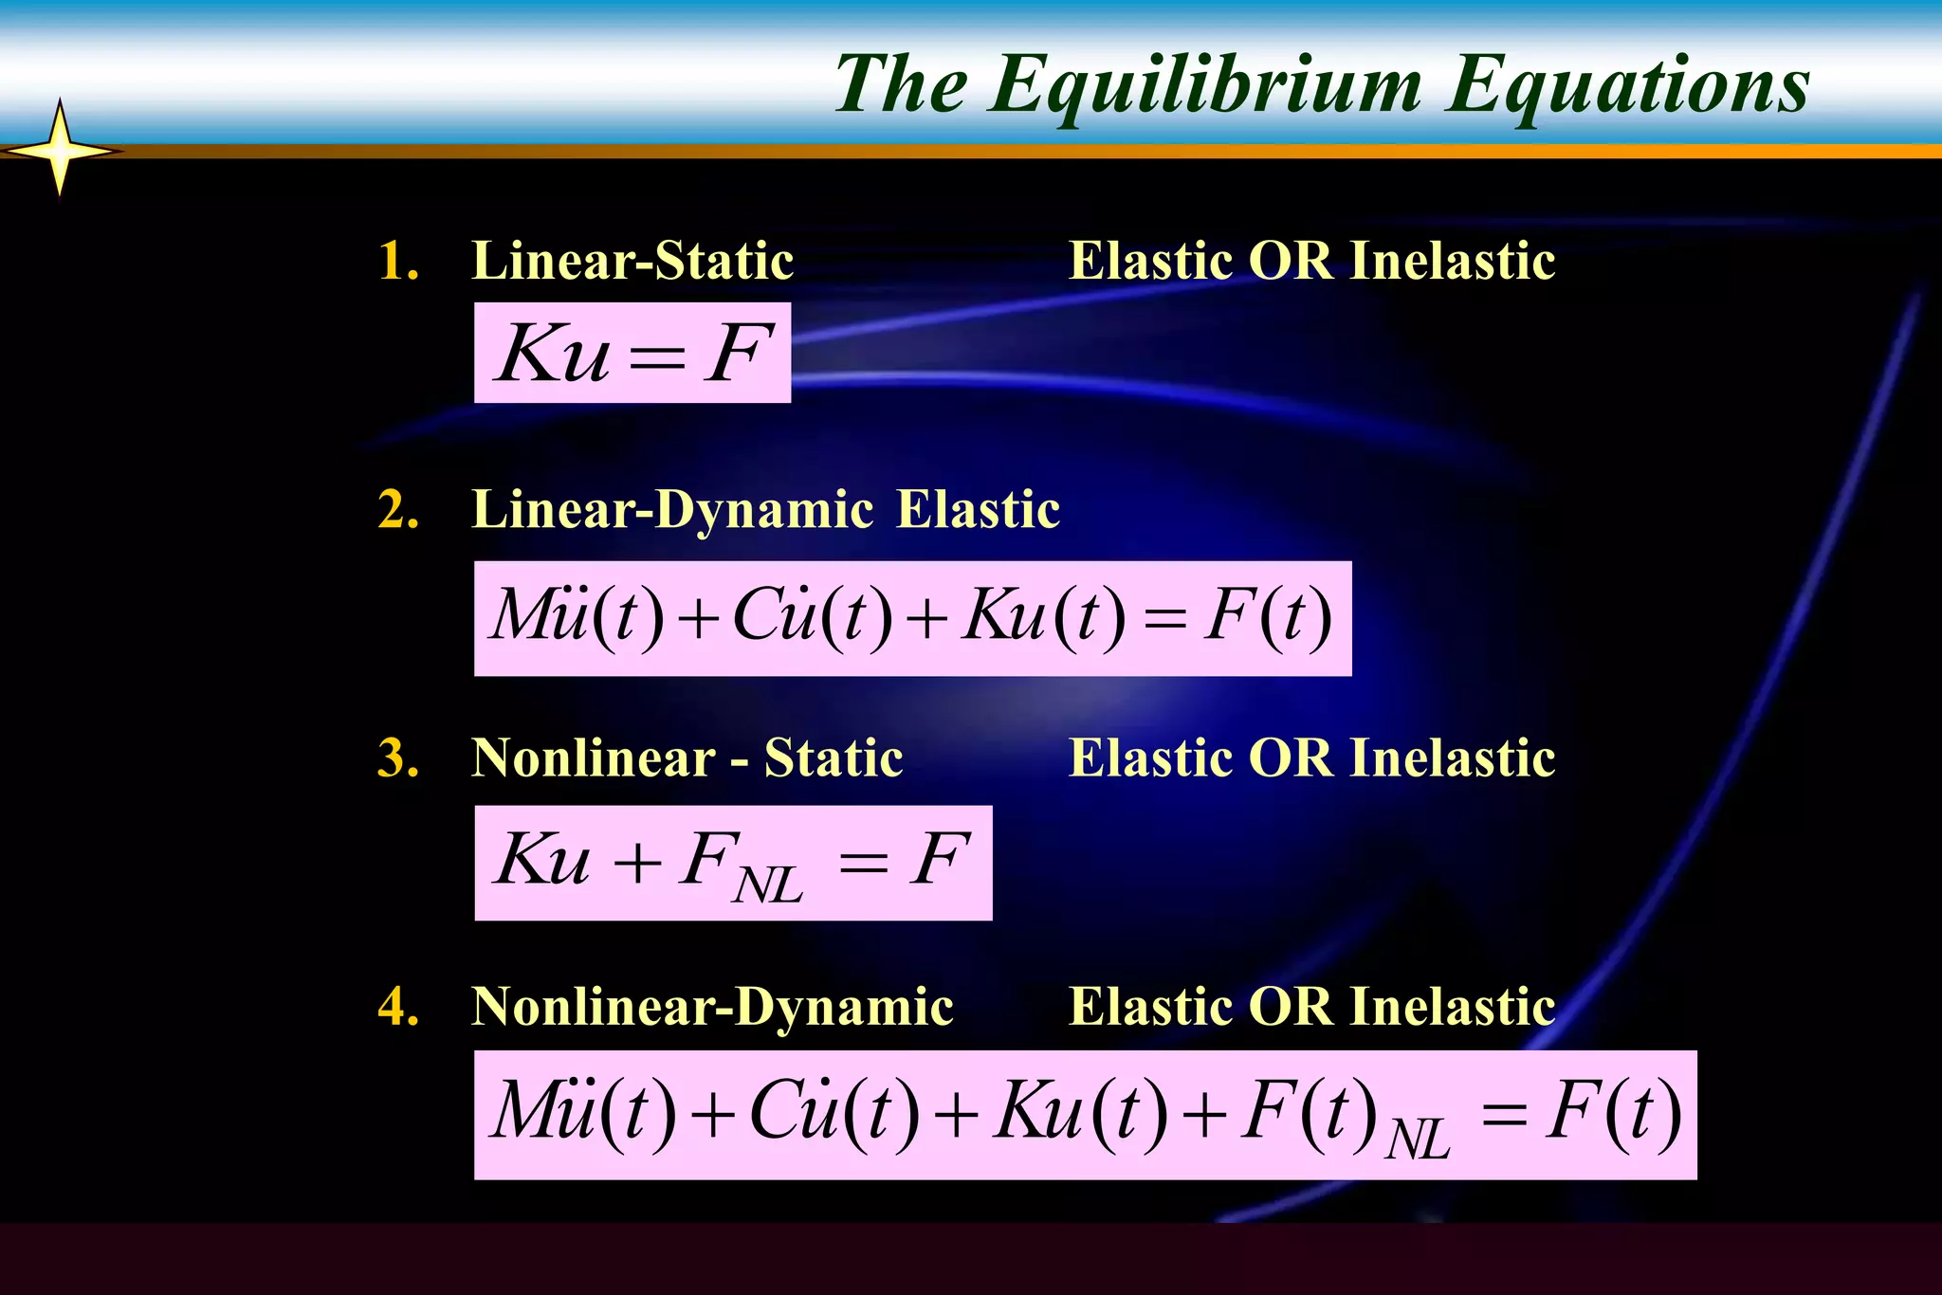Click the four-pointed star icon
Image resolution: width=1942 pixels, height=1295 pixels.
[60, 150]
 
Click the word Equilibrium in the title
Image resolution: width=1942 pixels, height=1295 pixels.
[1204, 86]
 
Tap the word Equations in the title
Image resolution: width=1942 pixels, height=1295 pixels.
[1628, 86]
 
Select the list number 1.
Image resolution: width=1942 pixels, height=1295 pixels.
[397, 261]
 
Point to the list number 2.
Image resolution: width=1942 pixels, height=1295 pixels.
[397, 510]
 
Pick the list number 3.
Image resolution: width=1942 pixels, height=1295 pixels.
[397, 758]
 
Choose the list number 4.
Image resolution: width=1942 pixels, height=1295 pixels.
[397, 1007]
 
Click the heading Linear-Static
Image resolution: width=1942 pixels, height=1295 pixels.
[632, 261]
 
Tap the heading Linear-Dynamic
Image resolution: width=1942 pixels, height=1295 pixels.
[672, 510]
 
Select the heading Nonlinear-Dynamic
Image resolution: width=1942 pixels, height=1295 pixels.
[712, 1007]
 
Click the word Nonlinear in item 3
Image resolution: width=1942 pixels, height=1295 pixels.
[594, 758]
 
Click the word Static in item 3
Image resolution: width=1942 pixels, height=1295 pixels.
[834, 758]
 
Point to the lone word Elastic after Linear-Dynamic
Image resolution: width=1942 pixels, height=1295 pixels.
[978, 510]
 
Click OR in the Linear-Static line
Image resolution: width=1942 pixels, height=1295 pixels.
[1291, 261]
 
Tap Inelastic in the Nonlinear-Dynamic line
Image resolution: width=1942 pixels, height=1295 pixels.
[1452, 1007]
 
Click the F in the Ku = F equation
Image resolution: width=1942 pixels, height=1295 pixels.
[737, 354]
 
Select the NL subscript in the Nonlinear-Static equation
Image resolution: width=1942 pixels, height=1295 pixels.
[767, 885]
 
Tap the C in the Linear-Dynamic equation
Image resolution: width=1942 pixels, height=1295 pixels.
[763, 615]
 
